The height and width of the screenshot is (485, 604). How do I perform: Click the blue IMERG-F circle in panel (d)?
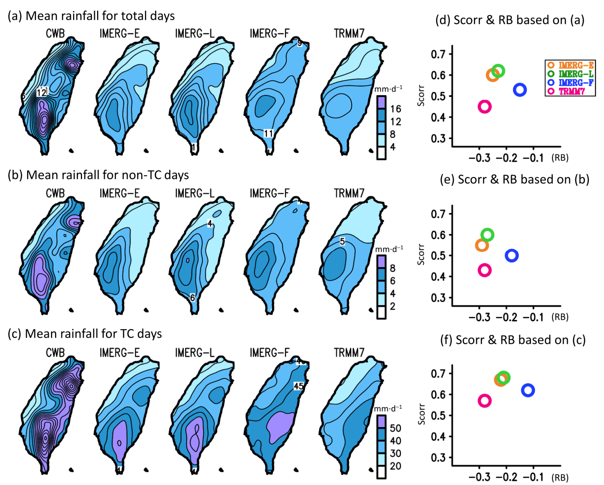520,90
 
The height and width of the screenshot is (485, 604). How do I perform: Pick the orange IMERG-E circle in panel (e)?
482,245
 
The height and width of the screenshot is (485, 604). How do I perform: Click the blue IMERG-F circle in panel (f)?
528,390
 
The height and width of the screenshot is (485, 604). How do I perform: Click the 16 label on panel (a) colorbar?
396,109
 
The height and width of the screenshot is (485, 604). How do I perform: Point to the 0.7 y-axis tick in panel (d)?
438,54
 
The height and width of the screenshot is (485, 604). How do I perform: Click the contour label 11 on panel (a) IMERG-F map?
268,134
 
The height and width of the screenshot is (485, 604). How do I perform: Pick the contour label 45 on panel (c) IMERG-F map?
298,386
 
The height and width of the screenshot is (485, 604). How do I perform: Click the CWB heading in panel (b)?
55,193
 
